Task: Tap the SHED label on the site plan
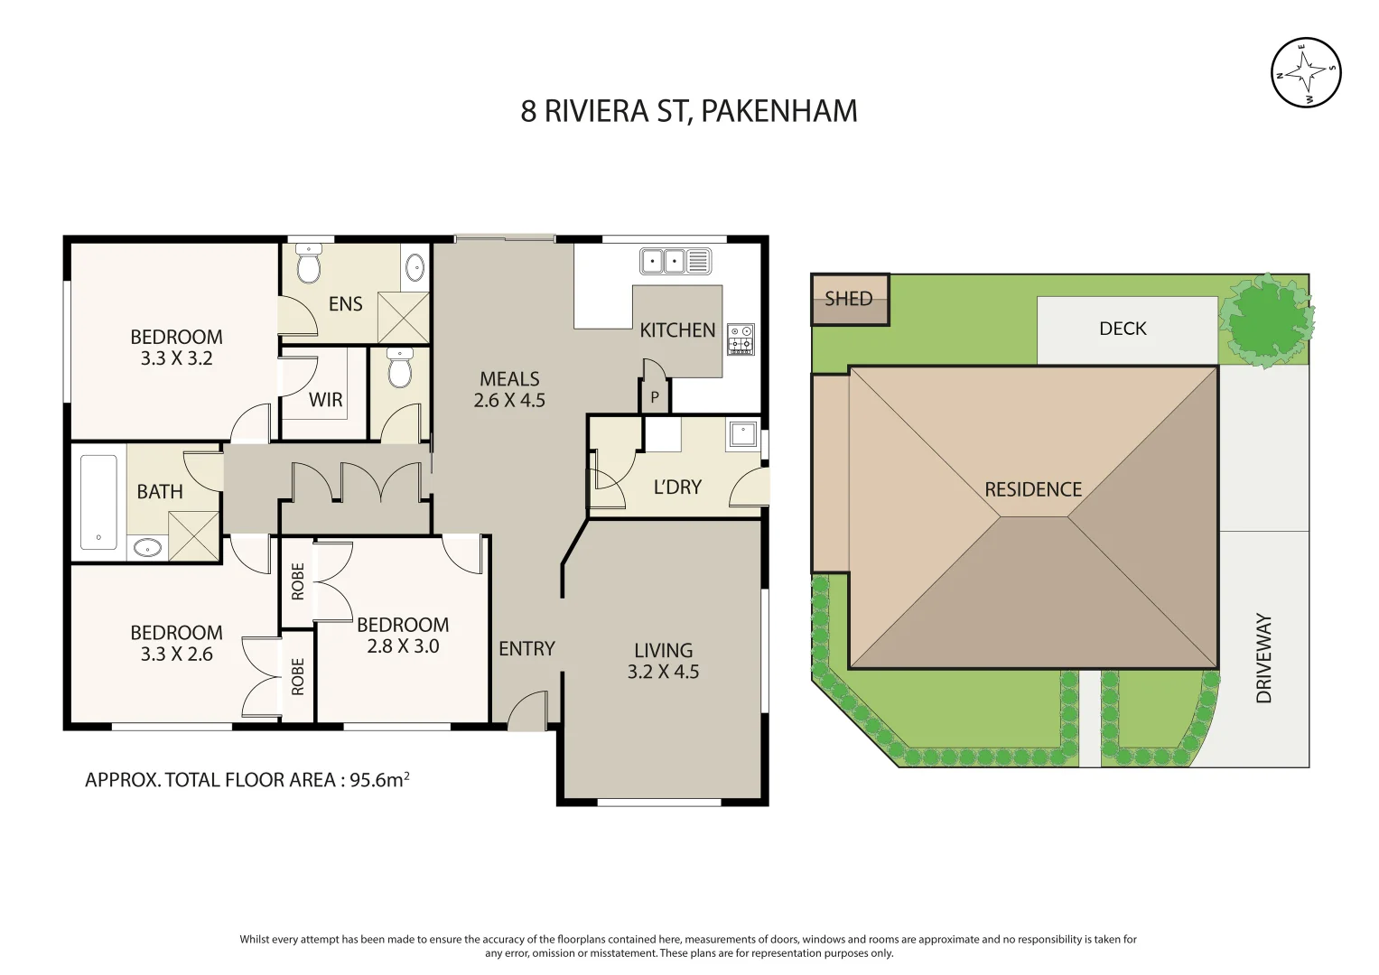(x=848, y=299)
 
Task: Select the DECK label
(x=1123, y=329)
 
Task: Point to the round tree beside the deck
(x=1266, y=321)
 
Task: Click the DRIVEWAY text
(x=1263, y=658)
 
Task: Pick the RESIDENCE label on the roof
(x=1033, y=489)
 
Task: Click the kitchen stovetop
(x=741, y=339)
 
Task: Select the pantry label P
(x=655, y=397)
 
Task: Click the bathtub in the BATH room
(x=98, y=502)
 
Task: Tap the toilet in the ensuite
(x=308, y=264)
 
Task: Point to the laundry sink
(x=743, y=434)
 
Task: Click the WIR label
(x=325, y=400)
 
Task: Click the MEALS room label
(x=509, y=378)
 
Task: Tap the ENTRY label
(x=526, y=648)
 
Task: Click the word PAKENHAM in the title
(x=778, y=111)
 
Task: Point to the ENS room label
(x=345, y=303)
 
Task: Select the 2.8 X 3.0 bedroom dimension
(x=403, y=646)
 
